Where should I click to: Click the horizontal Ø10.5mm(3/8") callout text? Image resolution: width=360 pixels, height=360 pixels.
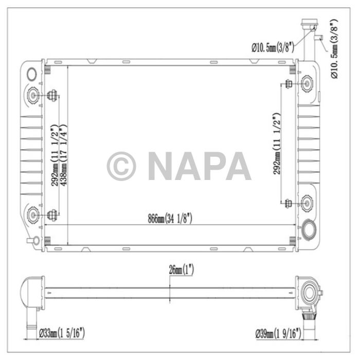click(x=273, y=47)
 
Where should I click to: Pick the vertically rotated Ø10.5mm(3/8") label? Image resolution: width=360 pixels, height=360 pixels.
click(x=334, y=49)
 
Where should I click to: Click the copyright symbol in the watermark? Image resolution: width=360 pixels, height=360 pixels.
click(x=121, y=166)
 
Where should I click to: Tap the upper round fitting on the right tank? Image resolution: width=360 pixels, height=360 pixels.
click(x=307, y=83)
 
